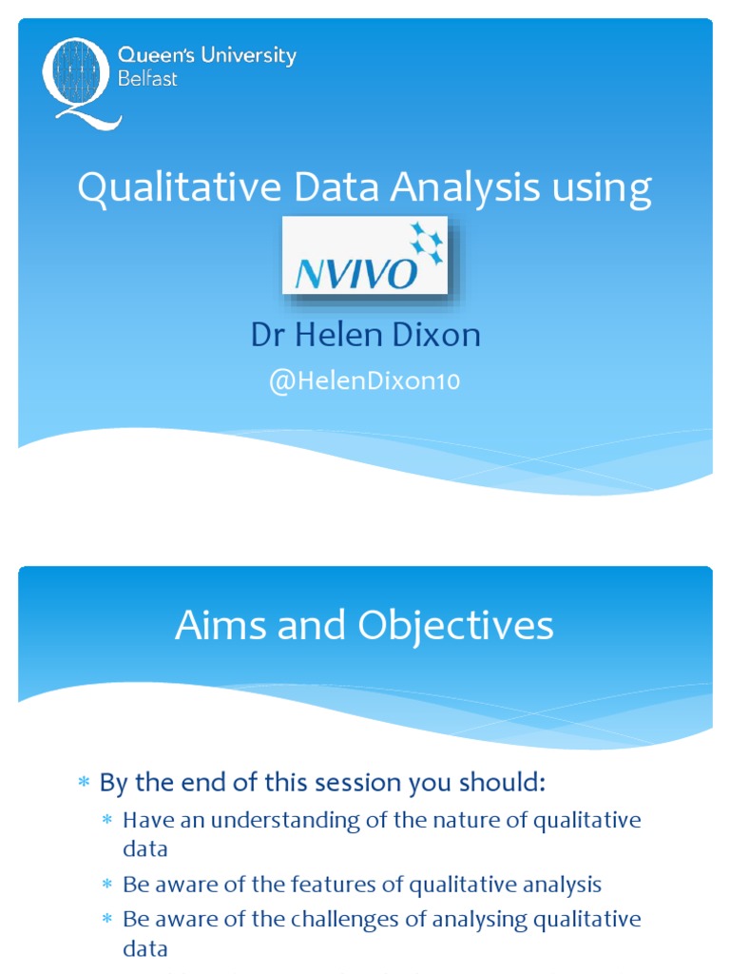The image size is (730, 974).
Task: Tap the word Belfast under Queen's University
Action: [147, 79]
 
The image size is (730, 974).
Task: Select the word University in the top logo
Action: [250, 56]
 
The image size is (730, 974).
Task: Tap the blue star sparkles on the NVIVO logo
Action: [426, 243]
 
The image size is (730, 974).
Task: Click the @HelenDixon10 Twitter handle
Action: [365, 381]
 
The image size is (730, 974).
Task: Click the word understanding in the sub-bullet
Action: [299, 820]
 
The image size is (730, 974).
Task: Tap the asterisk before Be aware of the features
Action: [107, 886]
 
